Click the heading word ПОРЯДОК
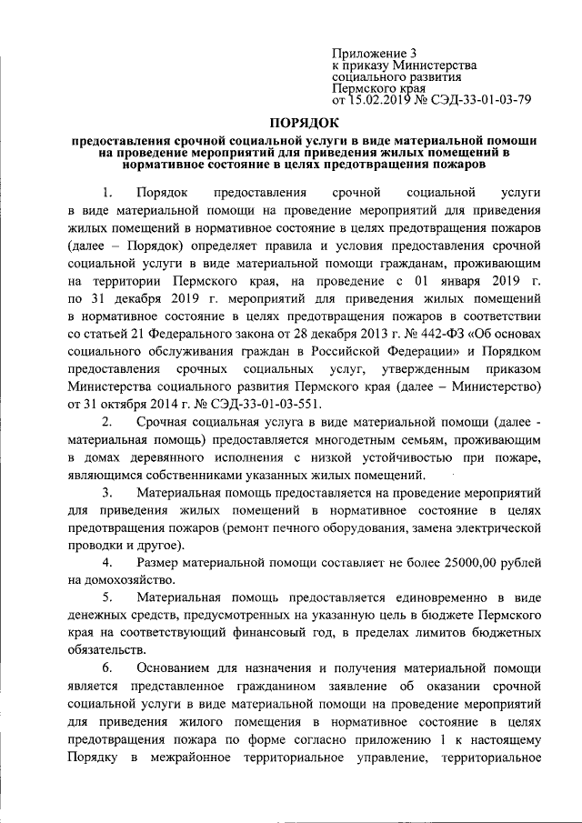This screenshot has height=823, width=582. point(305,123)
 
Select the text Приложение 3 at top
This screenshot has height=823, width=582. point(371,55)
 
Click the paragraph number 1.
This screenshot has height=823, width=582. point(107,193)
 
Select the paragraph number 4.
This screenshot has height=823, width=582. point(107,562)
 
